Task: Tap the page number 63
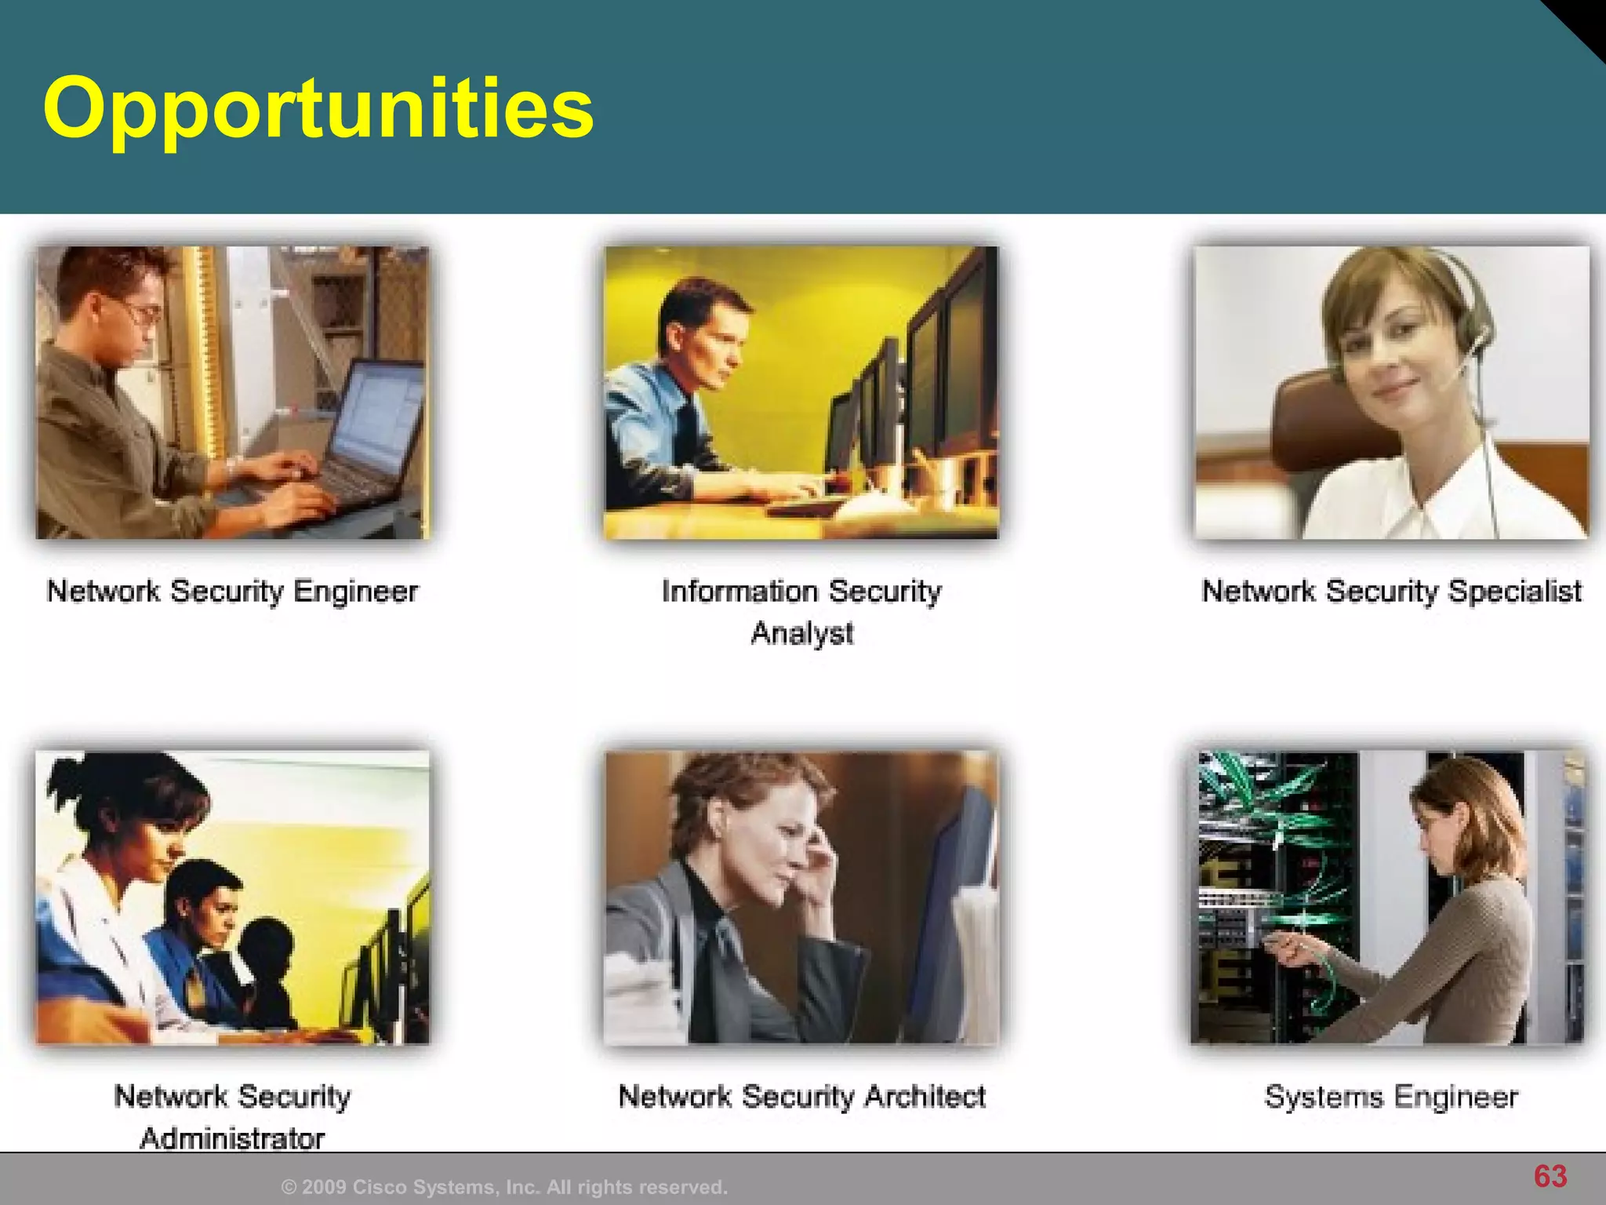click(x=1550, y=1176)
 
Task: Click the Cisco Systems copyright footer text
click(x=504, y=1187)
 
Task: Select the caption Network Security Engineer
click(x=232, y=592)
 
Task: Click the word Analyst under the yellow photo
click(x=801, y=633)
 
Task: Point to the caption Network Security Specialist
click(x=1391, y=592)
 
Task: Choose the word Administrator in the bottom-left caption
click(x=232, y=1138)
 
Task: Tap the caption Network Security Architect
click(x=801, y=1096)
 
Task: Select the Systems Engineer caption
click(x=1391, y=1096)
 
